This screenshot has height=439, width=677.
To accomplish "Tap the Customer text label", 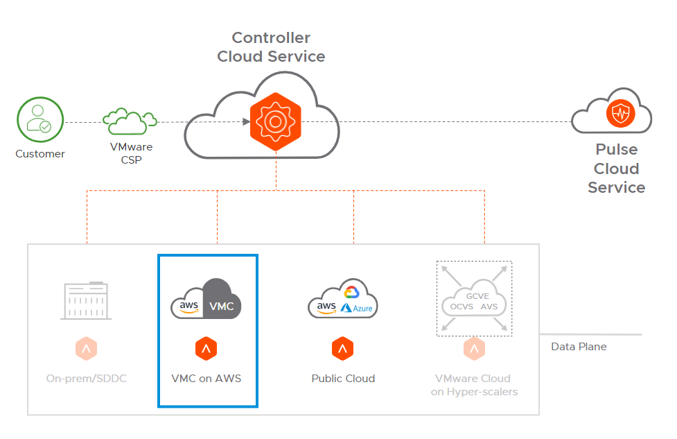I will click(40, 154).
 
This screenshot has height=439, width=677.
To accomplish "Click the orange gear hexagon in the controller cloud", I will click(275, 122).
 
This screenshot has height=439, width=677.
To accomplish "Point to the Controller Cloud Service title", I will click(271, 47).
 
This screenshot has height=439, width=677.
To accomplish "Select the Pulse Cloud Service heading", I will click(616, 169).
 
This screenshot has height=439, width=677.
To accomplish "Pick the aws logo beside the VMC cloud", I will click(189, 306).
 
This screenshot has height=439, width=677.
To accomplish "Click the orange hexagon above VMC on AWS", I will click(206, 349).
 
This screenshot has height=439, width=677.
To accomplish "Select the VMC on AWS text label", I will click(206, 379).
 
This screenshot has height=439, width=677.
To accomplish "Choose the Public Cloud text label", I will click(343, 379).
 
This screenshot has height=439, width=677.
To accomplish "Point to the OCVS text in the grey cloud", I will click(461, 307).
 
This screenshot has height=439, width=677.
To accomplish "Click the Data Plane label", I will click(579, 346).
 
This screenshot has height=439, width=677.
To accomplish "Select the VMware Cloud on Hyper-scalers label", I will click(473, 385).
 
